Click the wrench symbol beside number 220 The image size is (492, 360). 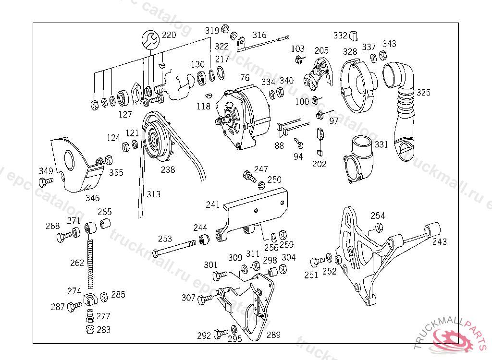click(x=150, y=40)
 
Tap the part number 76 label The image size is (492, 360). click(x=245, y=77)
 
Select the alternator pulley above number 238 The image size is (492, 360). click(x=156, y=140)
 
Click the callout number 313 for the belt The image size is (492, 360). click(x=153, y=194)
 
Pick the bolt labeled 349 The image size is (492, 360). click(x=46, y=181)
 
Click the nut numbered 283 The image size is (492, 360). click(x=90, y=329)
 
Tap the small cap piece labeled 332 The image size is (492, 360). click(x=353, y=36)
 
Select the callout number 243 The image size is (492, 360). click(x=439, y=241)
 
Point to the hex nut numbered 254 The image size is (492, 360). click(x=379, y=228)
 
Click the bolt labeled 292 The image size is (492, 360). click(x=221, y=334)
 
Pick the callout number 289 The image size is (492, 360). click(x=273, y=335)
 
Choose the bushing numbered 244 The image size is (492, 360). click(x=204, y=240)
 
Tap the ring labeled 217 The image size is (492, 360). click(x=221, y=73)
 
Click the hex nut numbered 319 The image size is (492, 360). click(x=225, y=29)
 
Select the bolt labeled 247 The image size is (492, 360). click(x=250, y=176)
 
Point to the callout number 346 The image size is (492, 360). click(x=93, y=198)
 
